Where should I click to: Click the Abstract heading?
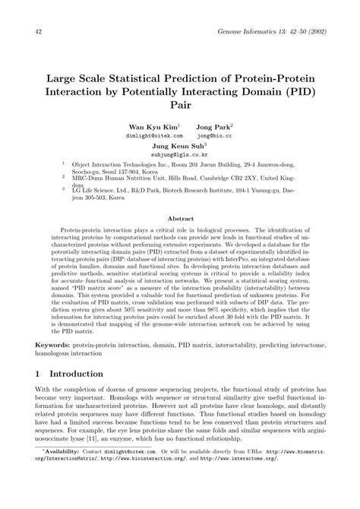pyautogui.click(x=180, y=217)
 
